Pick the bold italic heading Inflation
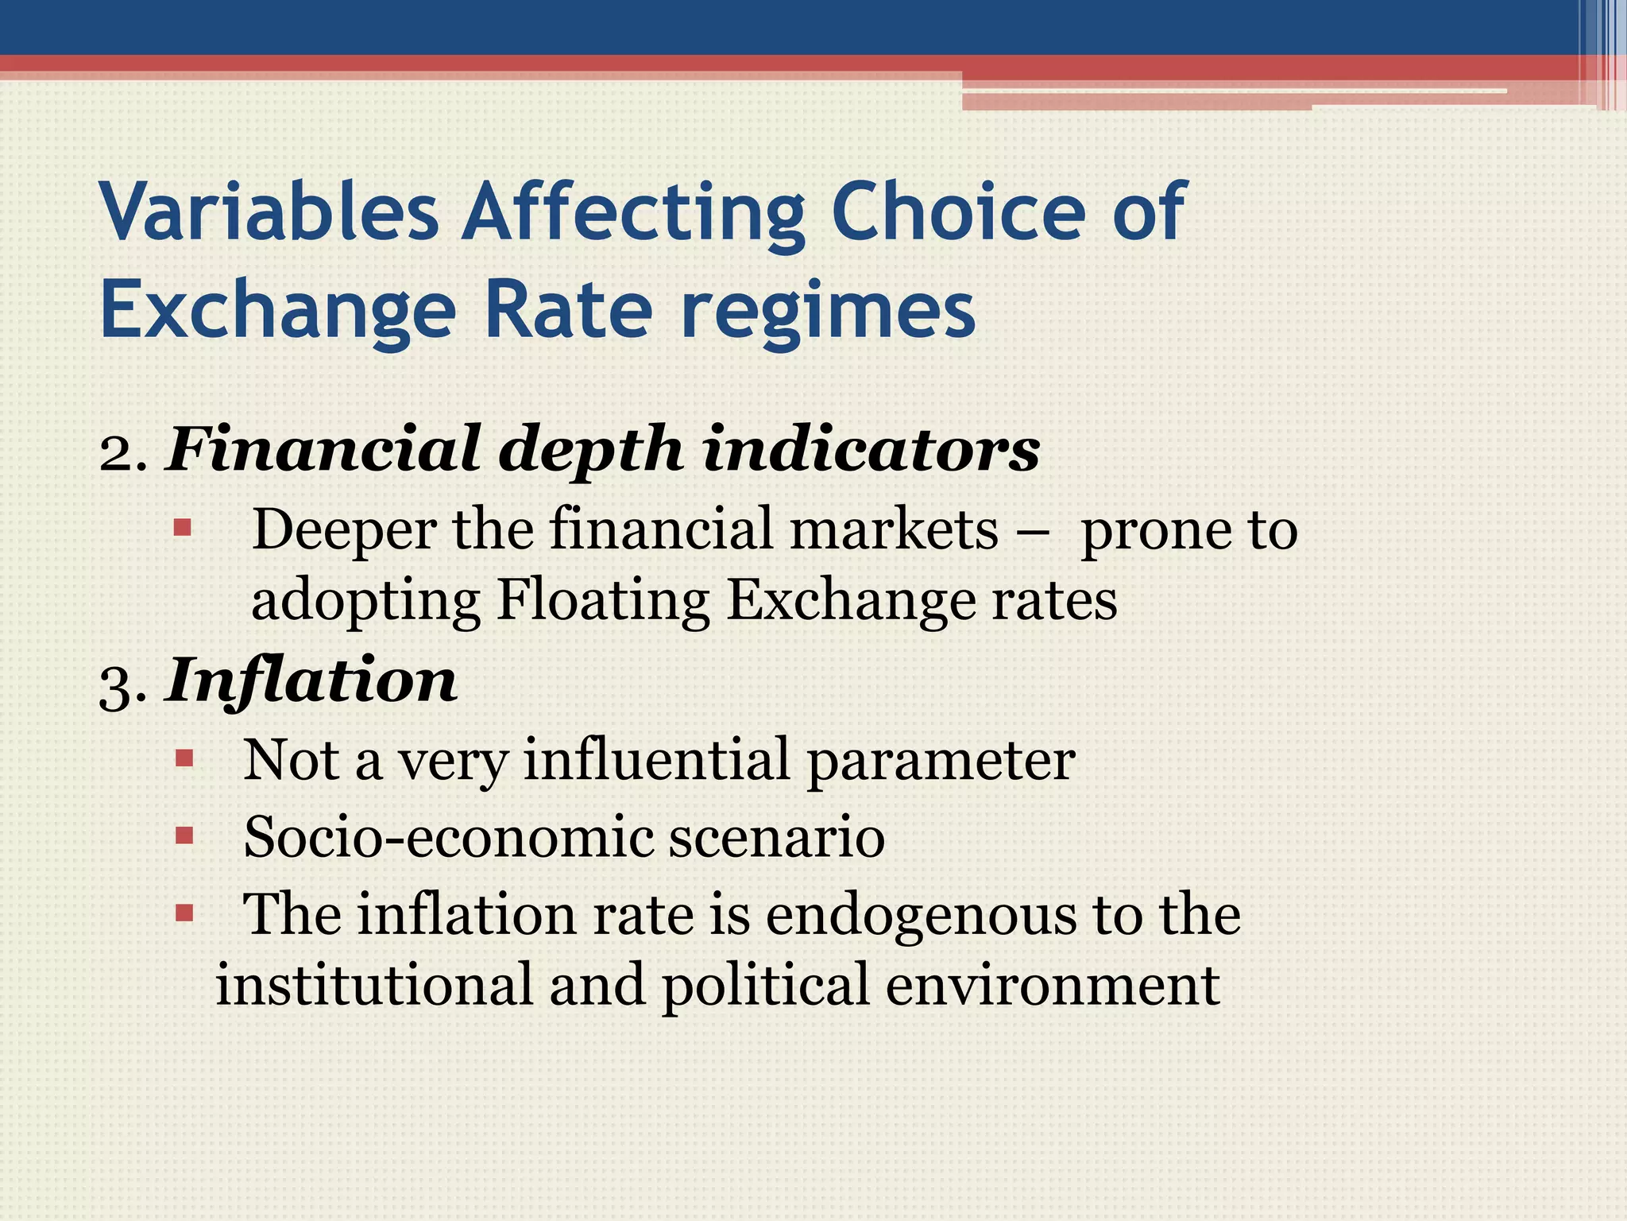point(311,681)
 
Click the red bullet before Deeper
point(183,527)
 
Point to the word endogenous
point(921,915)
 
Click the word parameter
point(941,761)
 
